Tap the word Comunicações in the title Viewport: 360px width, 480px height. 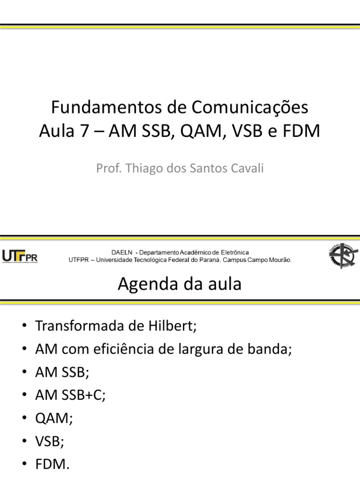point(250,108)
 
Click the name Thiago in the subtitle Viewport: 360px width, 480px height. point(141,168)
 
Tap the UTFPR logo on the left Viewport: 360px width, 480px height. point(20,256)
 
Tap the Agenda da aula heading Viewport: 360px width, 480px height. point(180,284)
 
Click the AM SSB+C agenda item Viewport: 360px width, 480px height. point(70,395)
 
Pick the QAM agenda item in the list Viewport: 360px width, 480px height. point(53,418)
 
